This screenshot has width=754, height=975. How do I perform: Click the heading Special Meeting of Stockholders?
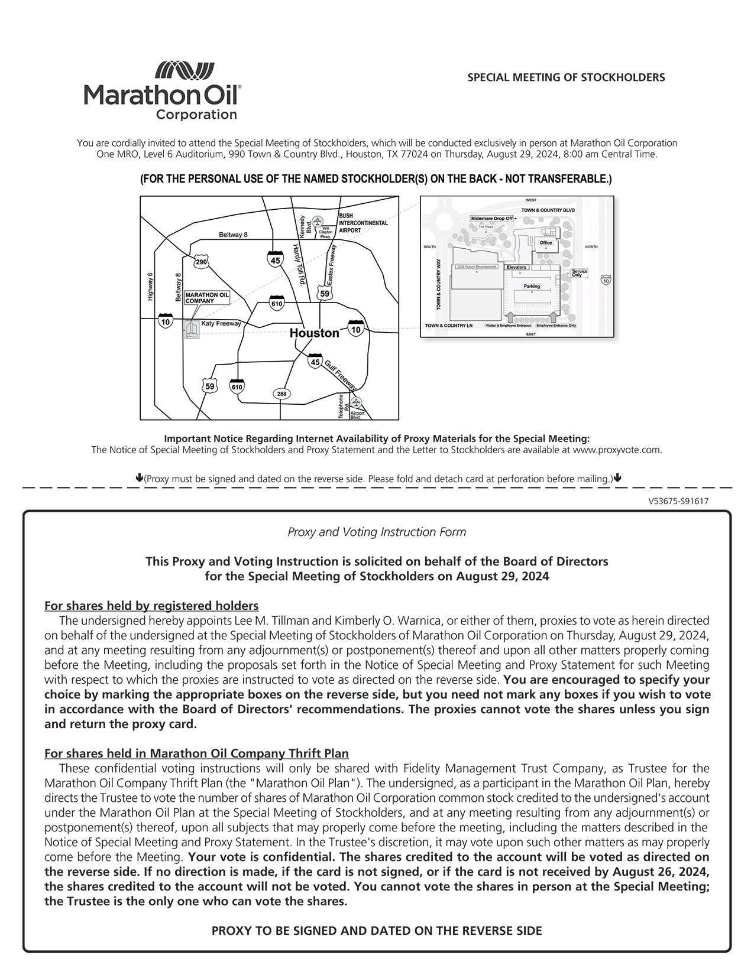pos(566,77)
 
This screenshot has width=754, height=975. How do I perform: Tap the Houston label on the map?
pos(314,333)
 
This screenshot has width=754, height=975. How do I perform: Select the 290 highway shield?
pos(201,262)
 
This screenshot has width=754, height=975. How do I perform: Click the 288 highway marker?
pos(281,394)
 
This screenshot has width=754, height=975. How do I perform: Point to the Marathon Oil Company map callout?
pos(207,297)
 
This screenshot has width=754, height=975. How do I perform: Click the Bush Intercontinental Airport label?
pos(363,223)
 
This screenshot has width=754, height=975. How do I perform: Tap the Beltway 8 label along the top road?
pos(233,235)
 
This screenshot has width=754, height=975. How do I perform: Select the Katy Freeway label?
pos(221,323)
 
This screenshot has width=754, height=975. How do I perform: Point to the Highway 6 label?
pos(150,288)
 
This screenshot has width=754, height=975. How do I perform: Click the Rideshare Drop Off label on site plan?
pos(492,219)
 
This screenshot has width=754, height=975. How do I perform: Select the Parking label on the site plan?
pos(532,286)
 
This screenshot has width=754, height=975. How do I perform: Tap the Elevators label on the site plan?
pos(516,267)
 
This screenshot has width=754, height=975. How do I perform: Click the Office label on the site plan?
pos(545,243)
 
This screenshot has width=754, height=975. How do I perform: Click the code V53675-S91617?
pos(678,501)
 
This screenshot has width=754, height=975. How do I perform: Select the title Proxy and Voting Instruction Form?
pos(377,532)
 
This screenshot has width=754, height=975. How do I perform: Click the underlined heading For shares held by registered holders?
pos(151,606)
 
